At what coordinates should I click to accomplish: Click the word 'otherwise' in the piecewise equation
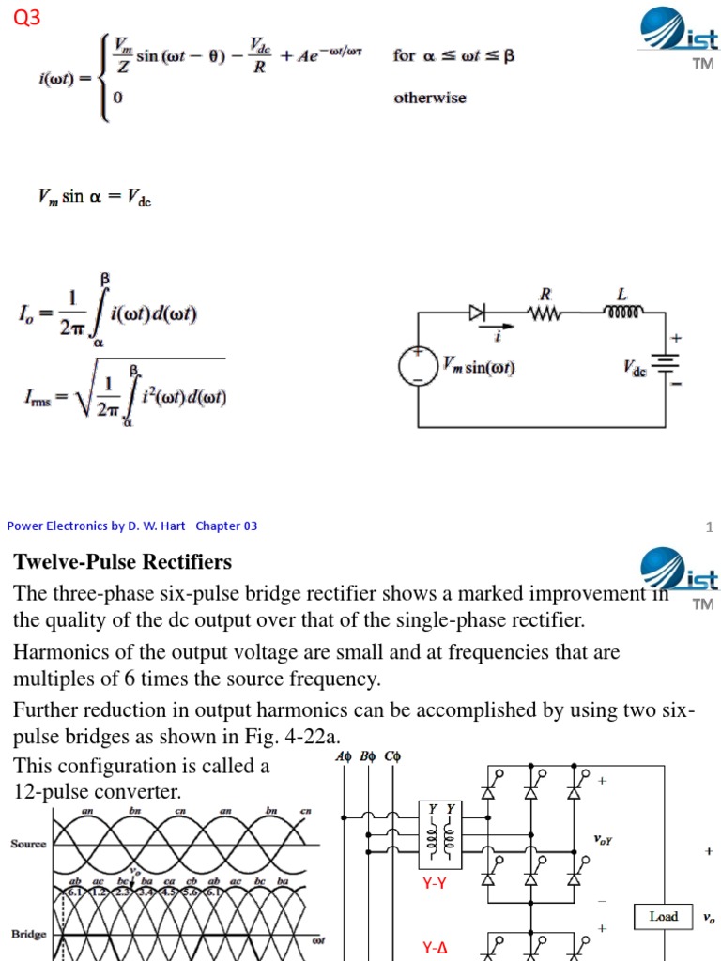coord(429,98)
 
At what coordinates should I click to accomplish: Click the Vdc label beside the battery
coord(635,369)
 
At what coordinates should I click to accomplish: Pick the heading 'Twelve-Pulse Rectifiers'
coord(122,562)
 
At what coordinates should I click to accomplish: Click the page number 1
coord(711,526)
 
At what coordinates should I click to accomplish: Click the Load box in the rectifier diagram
coord(664,916)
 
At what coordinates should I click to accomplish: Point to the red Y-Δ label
coord(435,949)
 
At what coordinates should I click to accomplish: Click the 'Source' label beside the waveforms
coord(28,843)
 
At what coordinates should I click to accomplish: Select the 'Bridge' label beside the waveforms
coord(28,934)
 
